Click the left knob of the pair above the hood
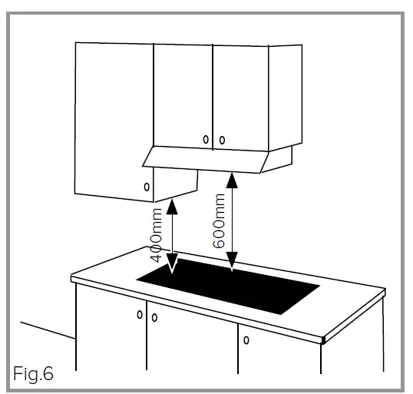[206, 140]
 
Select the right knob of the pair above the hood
[221, 140]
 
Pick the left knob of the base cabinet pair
[140, 314]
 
